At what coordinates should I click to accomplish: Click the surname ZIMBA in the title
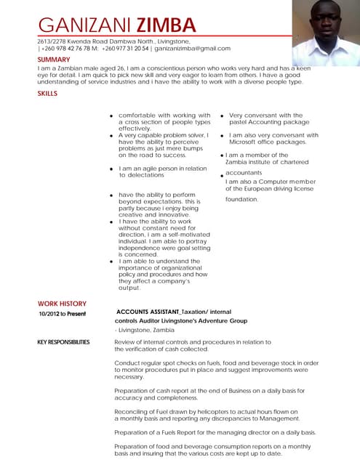click(x=169, y=25)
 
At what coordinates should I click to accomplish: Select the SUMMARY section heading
click(x=54, y=60)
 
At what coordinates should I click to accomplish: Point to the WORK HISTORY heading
click(x=62, y=304)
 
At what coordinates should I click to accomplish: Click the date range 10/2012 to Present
click(x=62, y=314)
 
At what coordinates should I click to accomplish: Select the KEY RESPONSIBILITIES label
click(x=64, y=341)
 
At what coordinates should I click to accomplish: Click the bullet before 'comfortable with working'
click(x=111, y=116)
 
